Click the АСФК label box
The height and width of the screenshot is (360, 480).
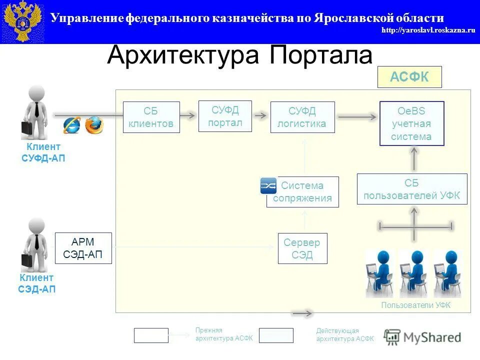click(409, 77)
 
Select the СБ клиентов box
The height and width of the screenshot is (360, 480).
click(151, 117)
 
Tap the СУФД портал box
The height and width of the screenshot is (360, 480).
click(225, 116)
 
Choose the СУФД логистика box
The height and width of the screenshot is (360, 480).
click(302, 117)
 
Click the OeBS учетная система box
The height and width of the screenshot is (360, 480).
click(411, 123)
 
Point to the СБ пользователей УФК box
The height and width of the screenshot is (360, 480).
click(412, 189)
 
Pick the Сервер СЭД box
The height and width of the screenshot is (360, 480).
click(302, 248)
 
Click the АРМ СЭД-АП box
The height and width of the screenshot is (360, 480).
click(83, 248)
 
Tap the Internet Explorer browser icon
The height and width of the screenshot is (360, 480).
click(72, 125)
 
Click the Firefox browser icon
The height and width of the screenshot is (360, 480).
click(94, 125)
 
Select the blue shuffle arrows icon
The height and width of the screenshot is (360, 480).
click(268, 186)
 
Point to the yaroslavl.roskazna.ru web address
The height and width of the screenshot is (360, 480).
click(428, 30)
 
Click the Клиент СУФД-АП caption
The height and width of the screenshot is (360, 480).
click(43, 152)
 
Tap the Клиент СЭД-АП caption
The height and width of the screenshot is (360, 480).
click(37, 283)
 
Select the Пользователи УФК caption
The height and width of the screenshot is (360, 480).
click(415, 305)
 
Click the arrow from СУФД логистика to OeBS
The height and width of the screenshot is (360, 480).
click(357, 117)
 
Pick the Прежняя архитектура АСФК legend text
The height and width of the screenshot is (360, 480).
click(224, 334)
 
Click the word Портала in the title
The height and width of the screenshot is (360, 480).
click(321, 55)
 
